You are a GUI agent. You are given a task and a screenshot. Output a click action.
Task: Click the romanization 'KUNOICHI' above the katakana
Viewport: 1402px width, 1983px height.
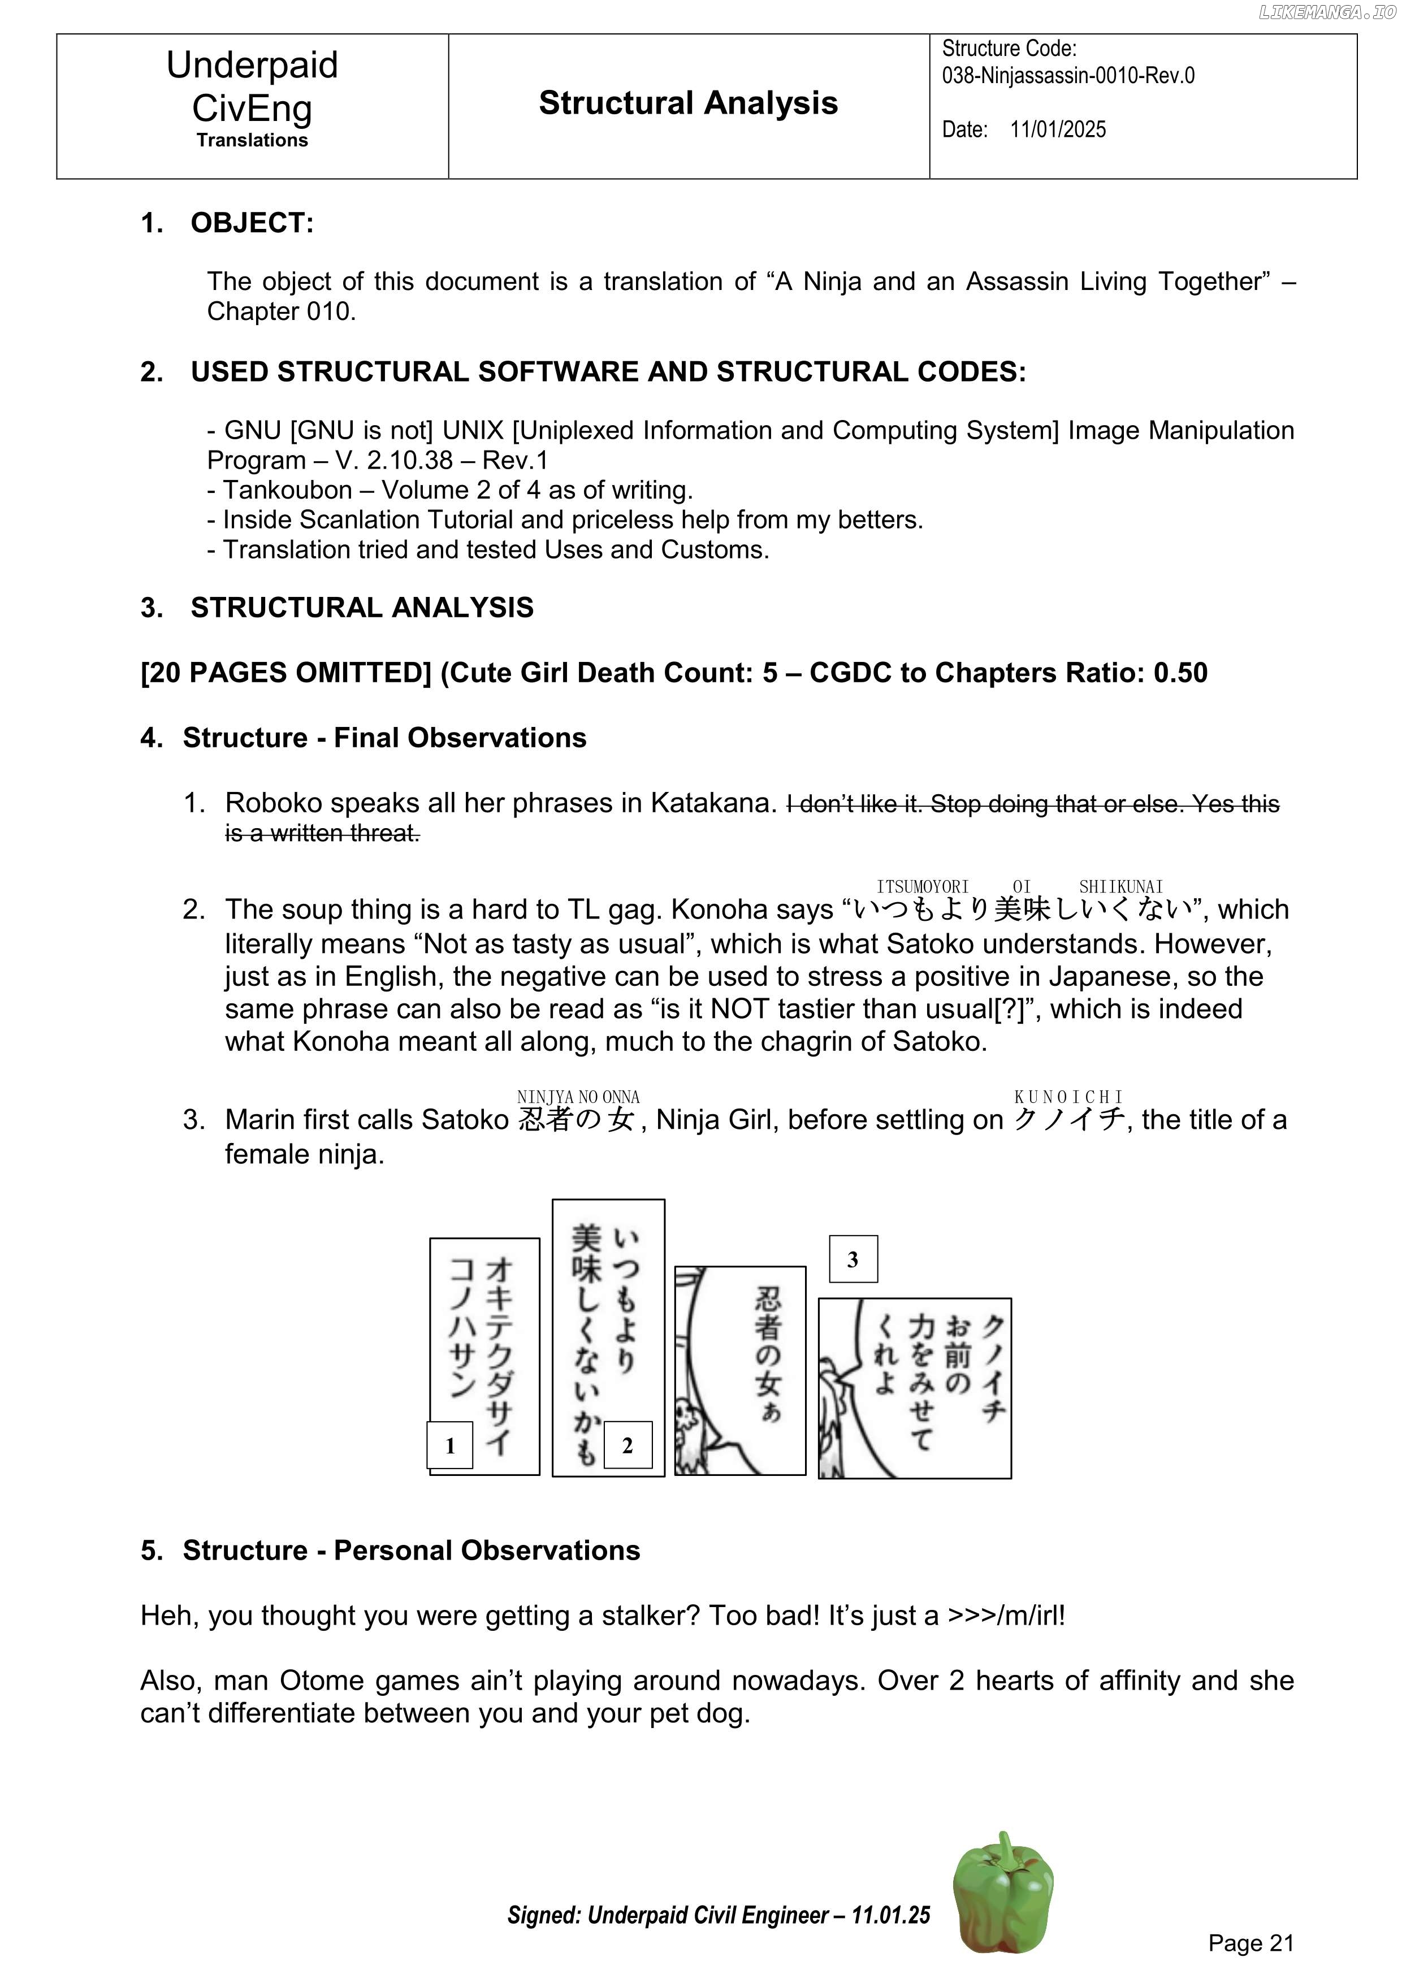point(1068,1097)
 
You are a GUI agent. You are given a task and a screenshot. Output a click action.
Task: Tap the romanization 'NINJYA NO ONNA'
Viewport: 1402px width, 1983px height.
point(578,1097)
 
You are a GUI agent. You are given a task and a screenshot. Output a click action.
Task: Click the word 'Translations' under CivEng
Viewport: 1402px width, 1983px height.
point(252,140)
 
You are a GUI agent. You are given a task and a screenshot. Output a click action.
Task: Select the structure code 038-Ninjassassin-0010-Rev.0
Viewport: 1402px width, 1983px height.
point(1068,76)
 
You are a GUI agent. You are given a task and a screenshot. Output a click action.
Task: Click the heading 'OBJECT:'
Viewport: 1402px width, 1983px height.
point(252,223)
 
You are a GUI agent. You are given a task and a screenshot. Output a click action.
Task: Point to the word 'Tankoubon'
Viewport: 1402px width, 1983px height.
point(288,490)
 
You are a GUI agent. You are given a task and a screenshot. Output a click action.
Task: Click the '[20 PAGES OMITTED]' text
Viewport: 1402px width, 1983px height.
point(286,673)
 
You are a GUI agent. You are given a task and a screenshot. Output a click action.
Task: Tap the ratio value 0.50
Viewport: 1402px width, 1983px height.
point(1180,673)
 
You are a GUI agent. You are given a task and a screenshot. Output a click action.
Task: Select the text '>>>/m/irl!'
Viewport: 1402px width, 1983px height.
point(1006,1615)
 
